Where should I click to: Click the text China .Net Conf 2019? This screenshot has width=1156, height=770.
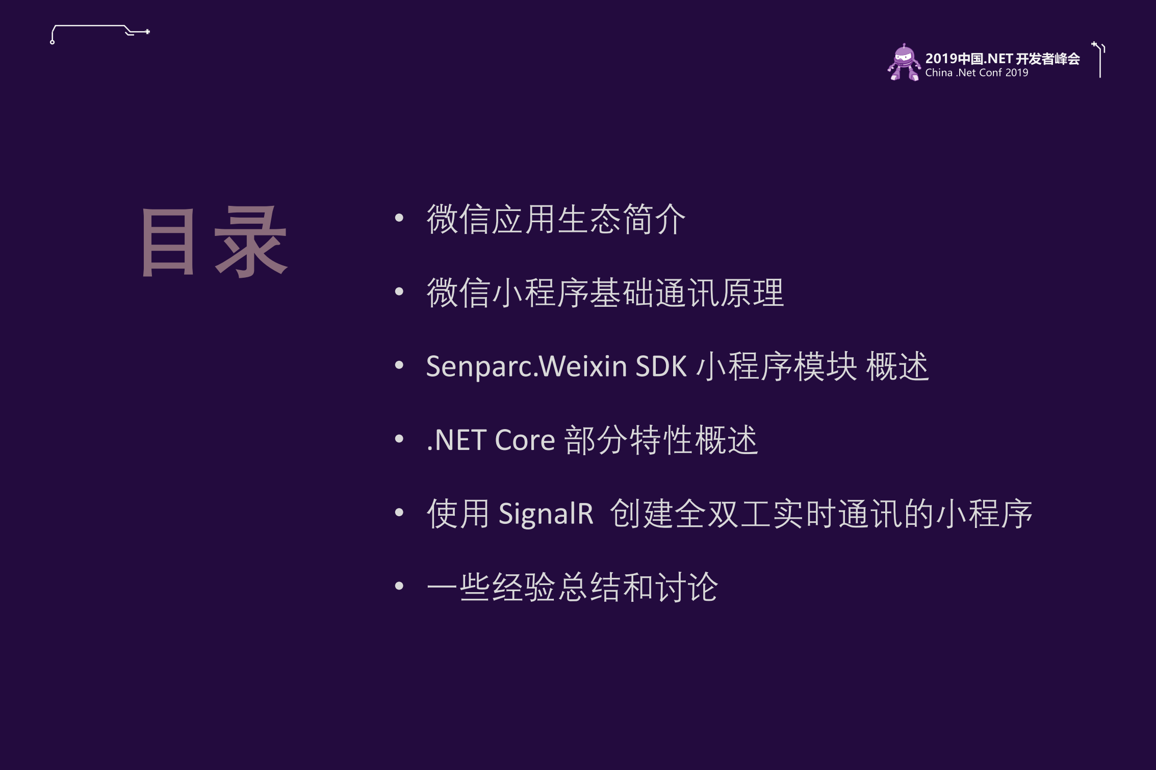coord(977,73)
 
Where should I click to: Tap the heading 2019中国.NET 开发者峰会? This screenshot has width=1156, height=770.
coord(1002,59)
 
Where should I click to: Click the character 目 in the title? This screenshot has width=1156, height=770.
coord(168,243)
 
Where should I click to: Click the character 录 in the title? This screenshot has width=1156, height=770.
coord(251,243)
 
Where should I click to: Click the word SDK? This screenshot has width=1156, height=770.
coord(661,366)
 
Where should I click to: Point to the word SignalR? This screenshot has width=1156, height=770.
coord(546,514)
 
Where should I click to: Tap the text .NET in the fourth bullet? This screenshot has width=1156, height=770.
coord(455,440)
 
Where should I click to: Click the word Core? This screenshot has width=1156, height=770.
coord(525,440)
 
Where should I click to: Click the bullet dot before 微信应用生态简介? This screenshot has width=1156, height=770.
coord(399,218)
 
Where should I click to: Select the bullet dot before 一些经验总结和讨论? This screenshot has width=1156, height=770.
coord(399,586)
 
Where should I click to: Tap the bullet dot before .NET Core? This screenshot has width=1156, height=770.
coord(399,439)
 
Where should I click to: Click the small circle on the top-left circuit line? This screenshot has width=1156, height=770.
coord(53,42)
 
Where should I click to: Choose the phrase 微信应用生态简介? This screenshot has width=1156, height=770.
coord(556,220)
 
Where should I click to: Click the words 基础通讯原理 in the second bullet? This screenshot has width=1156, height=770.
coord(687,293)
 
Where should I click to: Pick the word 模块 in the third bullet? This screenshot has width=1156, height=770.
coord(825,366)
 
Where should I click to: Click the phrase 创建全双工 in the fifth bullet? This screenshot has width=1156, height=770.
coord(690,514)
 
